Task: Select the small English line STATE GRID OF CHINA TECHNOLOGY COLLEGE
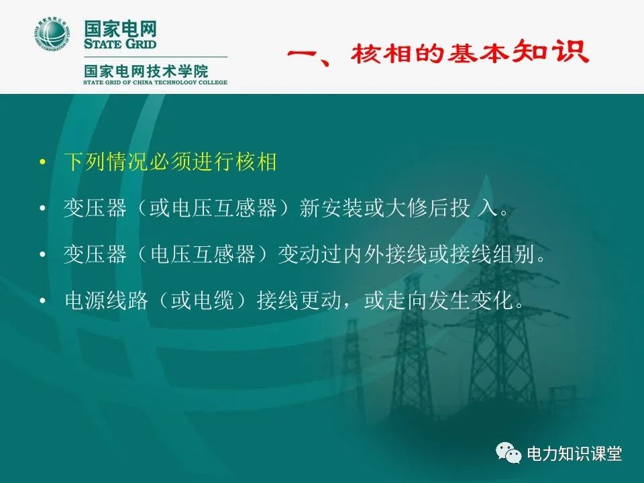[x=155, y=83]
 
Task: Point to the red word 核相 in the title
[x=378, y=54]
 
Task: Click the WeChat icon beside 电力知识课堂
[x=511, y=453]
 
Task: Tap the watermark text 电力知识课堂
[x=575, y=454]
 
